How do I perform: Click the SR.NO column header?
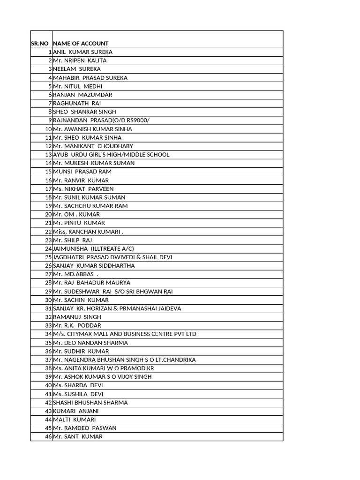pyautogui.click(x=39, y=44)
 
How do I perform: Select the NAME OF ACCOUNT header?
pyautogui.click(x=81, y=44)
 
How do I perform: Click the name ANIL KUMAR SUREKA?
pyautogui.click(x=83, y=52)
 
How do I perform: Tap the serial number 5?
pyautogui.click(x=49, y=86)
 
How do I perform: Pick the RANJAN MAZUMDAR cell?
pyautogui.click(x=82, y=95)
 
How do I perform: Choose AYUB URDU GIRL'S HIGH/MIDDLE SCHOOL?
pyautogui.click(x=111, y=155)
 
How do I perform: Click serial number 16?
pyautogui.click(x=48, y=180)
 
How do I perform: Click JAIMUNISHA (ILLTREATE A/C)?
pyautogui.click(x=90, y=248)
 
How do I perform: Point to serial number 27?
pyautogui.click(x=48, y=274)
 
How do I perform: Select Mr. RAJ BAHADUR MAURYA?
pyautogui.click(x=91, y=283)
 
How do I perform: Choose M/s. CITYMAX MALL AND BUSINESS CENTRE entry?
pyautogui.click(x=124, y=334)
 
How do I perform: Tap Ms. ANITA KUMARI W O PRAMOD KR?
pyautogui.click(x=103, y=368)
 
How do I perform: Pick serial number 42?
pyautogui.click(x=48, y=403)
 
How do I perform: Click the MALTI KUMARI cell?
pyautogui.click(x=74, y=420)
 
